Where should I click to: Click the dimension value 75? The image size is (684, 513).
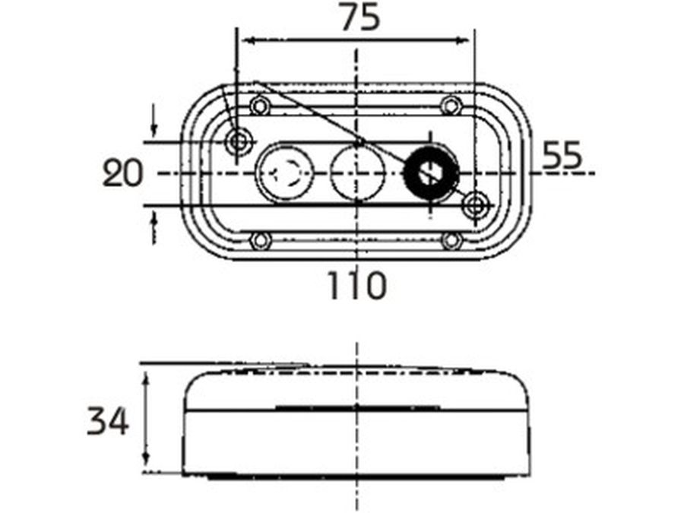click(359, 18)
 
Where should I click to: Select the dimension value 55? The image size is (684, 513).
click(562, 156)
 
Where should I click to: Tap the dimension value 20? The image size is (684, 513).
click(123, 174)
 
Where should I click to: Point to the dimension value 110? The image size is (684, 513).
click(357, 286)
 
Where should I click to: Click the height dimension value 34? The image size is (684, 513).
click(107, 420)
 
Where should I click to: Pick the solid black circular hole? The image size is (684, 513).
click(431, 173)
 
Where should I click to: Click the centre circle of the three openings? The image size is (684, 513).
click(356, 173)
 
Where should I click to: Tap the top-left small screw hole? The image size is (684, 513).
click(261, 105)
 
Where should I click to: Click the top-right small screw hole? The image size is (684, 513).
click(451, 105)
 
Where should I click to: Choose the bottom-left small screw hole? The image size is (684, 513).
click(261, 241)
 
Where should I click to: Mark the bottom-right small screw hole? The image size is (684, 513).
click(451, 241)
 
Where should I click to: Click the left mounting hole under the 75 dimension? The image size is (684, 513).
click(239, 141)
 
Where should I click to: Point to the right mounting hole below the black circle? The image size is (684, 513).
click(476, 204)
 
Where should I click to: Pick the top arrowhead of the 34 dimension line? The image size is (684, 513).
click(147, 372)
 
